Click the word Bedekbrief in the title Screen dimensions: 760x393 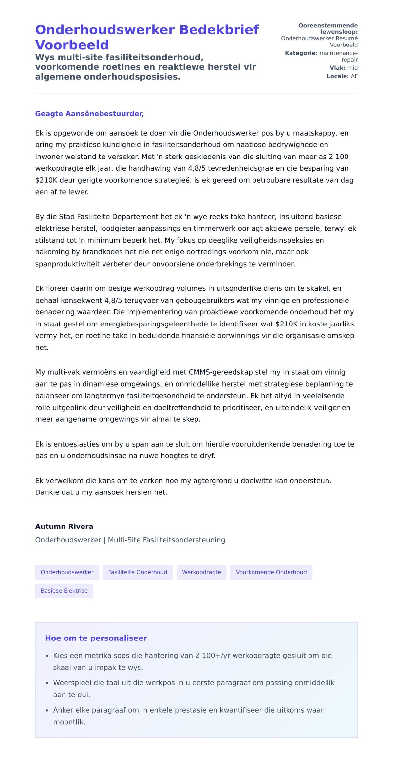point(219,30)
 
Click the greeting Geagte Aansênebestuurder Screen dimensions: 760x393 point(89,114)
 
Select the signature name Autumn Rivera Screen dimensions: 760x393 point(64,526)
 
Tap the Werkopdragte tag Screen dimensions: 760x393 point(201,572)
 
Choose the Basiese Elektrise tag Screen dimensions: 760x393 point(64,591)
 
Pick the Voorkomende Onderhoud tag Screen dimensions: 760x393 point(271,572)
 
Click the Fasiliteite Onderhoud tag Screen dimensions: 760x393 point(138,572)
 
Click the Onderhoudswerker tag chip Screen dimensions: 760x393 point(67,572)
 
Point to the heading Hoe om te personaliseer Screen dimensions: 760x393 point(96,638)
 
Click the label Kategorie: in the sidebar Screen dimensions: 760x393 point(301,53)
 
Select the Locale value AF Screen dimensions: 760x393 point(354,76)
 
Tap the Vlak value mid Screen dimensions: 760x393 point(352,68)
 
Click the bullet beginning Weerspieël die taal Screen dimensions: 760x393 point(194,683)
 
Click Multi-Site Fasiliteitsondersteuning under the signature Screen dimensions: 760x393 point(166,540)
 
